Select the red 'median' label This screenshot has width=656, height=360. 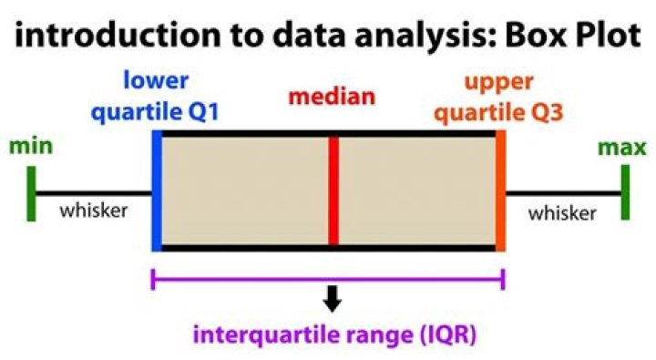pyautogui.click(x=332, y=96)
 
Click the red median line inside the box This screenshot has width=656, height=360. pyautogui.click(x=333, y=191)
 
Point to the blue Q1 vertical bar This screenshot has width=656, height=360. pyautogui.click(x=158, y=191)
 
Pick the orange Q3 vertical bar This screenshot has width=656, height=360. pyautogui.click(x=500, y=191)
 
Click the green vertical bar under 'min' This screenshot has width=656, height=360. pyautogui.click(x=32, y=193)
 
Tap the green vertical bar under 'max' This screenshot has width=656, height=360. pyautogui.click(x=625, y=193)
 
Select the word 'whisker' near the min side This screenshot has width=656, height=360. pyautogui.click(x=93, y=212)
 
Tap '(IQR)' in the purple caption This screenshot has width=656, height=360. pyautogui.click(x=443, y=334)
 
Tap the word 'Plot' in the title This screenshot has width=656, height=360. pyautogui.click(x=599, y=38)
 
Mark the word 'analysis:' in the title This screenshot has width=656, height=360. pyautogui.click(x=414, y=38)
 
